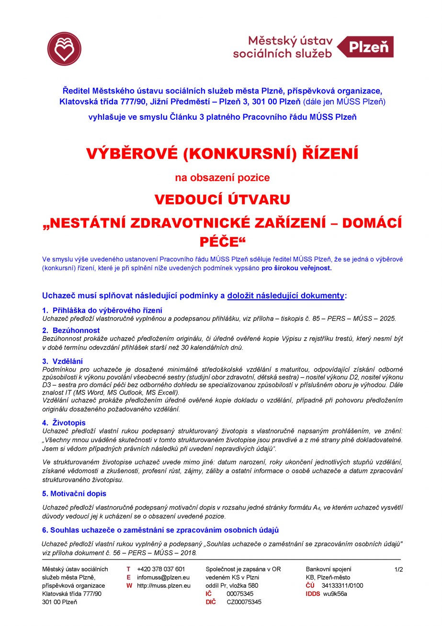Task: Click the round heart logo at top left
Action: click(64, 49)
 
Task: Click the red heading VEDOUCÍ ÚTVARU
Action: click(222, 199)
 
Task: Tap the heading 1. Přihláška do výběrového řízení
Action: click(102, 310)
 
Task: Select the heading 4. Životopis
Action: click(64, 422)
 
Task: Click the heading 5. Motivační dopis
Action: click(74, 493)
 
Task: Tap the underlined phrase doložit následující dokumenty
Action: click(285, 296)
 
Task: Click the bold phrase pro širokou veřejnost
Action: click(296, 268)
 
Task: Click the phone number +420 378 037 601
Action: click(160, 569)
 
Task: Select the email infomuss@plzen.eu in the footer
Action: click(163, 577)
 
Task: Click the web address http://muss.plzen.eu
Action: click(163, 585)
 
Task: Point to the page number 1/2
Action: click(398, 570)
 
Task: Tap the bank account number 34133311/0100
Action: click(342, 585)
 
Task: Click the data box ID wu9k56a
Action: click(335, 594)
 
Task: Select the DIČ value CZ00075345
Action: click(244, 602)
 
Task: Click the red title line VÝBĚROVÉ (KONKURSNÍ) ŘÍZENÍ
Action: click(222, 154)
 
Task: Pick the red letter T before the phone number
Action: click(128, 569)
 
